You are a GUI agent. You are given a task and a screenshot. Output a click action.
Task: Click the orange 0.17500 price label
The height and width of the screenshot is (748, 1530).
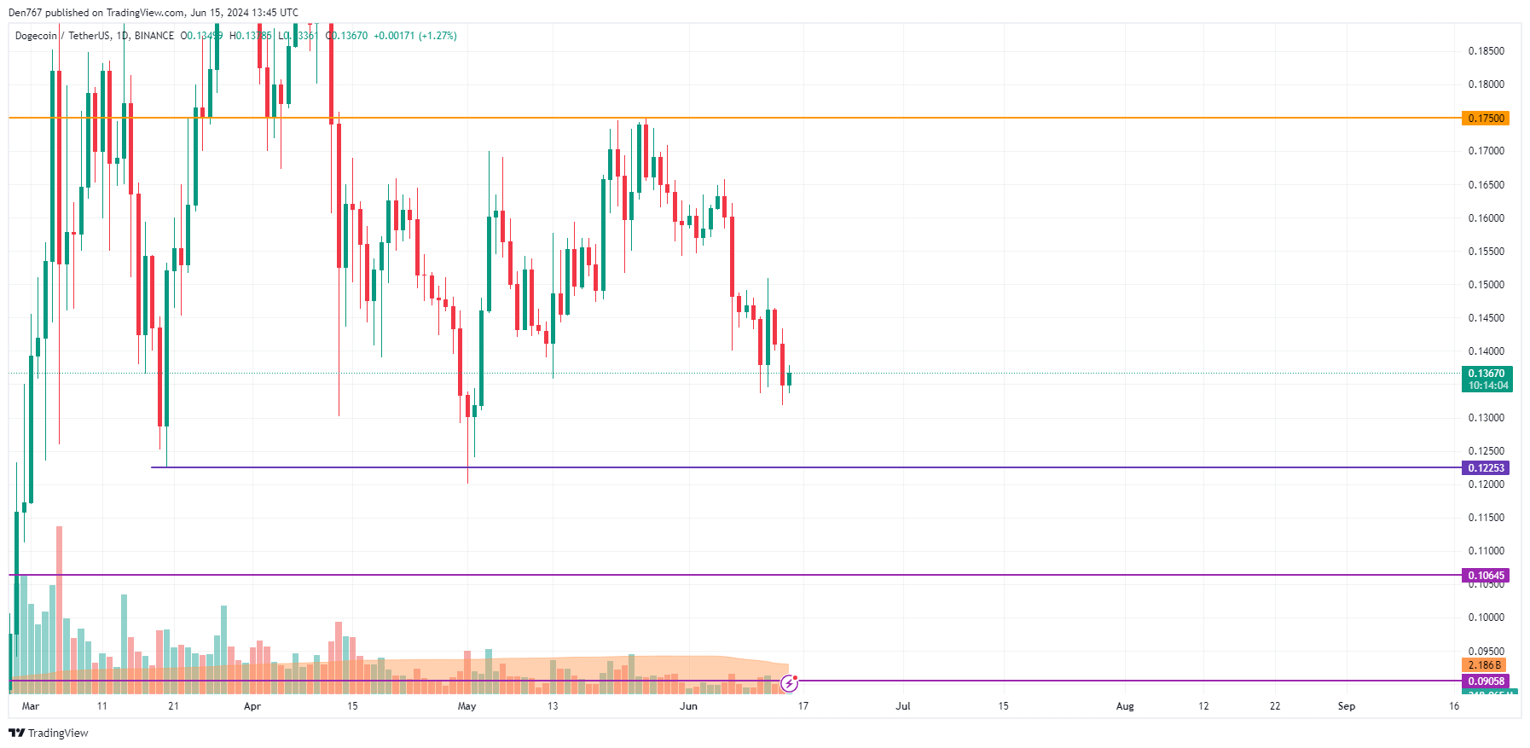pos(1485,119)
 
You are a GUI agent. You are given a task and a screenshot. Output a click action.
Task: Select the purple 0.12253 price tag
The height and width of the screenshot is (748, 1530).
pos(1485,468)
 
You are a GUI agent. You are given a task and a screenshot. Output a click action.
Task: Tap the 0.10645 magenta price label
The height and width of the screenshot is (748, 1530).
pos(1485,576)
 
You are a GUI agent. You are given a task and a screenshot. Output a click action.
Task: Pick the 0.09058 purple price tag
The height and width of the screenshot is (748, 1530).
pos(1485,681)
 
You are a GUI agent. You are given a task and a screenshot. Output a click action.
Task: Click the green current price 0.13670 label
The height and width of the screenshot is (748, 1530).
pos(1487,374)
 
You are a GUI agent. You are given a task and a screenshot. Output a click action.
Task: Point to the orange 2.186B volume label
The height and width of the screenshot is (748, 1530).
pos(1485,665)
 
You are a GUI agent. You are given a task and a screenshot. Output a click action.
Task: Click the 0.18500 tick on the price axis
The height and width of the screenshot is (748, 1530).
pos(1486,51)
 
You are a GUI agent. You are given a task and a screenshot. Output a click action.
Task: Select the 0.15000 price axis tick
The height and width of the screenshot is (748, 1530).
pos(1486,285)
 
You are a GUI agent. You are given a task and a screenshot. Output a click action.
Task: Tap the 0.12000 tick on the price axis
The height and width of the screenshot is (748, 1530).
pos(1486,484)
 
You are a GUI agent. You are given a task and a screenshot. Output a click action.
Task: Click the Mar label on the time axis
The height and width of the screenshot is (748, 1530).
pos(31,706)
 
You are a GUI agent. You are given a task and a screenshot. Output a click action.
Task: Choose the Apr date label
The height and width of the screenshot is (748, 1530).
pos(252,706)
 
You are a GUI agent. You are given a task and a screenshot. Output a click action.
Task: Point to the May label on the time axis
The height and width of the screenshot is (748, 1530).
pos(467,706)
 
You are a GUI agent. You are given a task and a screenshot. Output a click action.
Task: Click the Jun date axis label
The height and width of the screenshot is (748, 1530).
pos(688,706)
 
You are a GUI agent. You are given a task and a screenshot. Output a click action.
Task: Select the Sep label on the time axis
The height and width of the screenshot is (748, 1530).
pos(1347,706)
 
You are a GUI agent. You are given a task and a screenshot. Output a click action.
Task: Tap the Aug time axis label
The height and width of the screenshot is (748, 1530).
pos(1125,706)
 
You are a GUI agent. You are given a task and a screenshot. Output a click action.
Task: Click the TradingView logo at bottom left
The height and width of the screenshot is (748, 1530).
pos(49,734)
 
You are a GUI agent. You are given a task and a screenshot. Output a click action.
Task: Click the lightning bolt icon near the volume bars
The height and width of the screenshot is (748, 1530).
pos(789,683)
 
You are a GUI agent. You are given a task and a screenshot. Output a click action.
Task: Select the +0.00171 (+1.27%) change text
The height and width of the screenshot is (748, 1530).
pos(415,36)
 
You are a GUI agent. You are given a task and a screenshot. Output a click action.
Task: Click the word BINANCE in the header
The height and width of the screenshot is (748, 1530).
pos(154,36)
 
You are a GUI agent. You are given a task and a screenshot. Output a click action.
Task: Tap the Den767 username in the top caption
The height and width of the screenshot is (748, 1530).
pos(25,13)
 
